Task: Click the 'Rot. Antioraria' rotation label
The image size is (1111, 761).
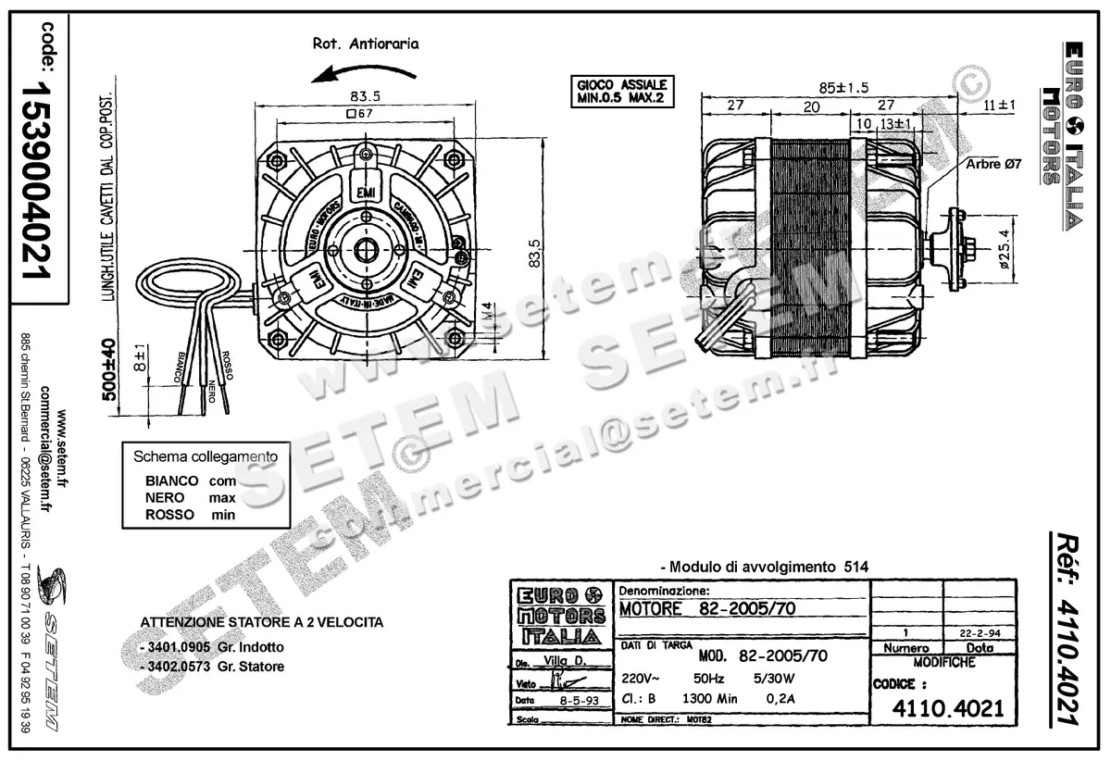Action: tap(366, 43)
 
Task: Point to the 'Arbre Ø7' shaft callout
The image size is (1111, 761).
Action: tap(992, 164)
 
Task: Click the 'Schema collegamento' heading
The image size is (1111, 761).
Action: tap(206, 456)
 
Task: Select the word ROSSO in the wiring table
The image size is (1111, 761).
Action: tap(170, 515)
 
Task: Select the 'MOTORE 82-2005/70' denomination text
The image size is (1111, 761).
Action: tap(707, 608)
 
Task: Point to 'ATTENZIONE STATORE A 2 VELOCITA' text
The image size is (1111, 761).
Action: tap(261, 622)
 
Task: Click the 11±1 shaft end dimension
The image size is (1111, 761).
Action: tap(999, 106)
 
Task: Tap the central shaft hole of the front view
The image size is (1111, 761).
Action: tap(368, 249)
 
